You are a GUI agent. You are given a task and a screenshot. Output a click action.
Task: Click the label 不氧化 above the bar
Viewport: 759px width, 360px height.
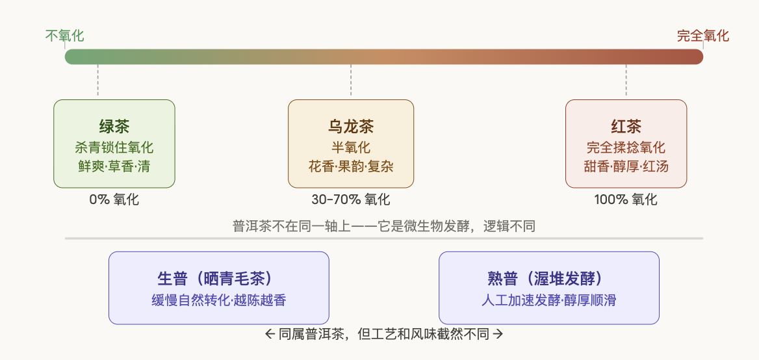pos(64,36)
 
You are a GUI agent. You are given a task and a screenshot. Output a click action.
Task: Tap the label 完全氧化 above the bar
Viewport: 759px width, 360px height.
pos(703,36)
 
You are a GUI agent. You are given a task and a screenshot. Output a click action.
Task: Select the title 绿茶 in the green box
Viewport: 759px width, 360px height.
pos(114,126)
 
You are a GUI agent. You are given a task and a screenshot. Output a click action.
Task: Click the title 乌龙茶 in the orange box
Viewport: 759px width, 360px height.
pos(351,126)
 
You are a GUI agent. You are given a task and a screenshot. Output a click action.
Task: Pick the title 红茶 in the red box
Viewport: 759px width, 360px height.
pos(626,126)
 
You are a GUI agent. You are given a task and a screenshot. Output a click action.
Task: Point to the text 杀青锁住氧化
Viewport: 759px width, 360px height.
pos(114,148)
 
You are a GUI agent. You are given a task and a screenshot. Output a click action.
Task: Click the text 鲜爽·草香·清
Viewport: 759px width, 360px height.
pos(114,166)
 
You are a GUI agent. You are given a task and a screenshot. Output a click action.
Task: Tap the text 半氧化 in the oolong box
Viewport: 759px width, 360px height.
pos(351,148)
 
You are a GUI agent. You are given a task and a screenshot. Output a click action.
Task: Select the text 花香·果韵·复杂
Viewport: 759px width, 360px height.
pos(351,166)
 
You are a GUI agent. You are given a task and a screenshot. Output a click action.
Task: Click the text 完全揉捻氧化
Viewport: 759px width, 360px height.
pos(626,148)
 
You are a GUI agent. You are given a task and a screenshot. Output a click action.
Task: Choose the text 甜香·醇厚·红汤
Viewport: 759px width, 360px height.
pos(626,166)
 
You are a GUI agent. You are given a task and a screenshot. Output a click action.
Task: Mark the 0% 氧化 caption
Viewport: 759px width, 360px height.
pos(114,199)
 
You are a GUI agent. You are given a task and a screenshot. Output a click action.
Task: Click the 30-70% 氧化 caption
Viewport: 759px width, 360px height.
pos(351,199)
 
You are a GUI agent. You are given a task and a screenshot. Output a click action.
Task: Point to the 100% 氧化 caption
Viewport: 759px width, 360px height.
pos(626,199)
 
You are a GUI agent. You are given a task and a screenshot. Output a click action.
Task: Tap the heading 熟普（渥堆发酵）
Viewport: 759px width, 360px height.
pos(549,279)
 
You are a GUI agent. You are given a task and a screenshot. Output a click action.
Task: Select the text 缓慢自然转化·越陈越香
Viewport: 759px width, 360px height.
pos(218,300)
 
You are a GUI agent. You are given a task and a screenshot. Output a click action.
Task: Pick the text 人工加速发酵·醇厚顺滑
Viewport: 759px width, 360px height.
pos(549,300)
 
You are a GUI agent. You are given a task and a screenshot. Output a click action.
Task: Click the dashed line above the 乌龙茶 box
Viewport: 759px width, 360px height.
pos(351,81)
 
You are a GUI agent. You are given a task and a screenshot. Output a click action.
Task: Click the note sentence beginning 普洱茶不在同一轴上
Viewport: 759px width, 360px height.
pos(383,226)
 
